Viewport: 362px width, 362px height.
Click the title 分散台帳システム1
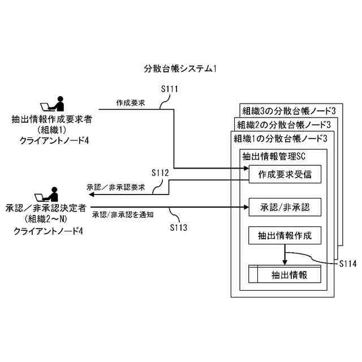coord(181,69)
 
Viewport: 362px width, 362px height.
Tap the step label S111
coord(170,89)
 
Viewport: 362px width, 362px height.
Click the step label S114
coord(348,264)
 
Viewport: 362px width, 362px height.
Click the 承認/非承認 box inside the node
coord(285,206)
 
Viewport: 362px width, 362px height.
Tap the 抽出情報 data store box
coord(285,275)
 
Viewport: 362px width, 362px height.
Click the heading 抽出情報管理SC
coord(274,156)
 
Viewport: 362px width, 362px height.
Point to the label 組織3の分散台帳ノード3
coord(290,110)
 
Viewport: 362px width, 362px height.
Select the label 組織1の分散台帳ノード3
coord(281,138)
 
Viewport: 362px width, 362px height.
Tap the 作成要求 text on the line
coord(131,103)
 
